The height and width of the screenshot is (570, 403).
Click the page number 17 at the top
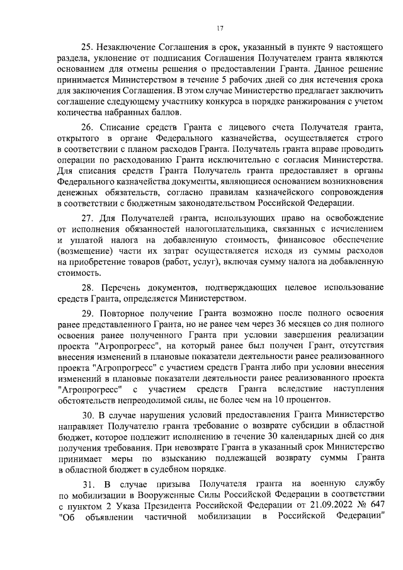coord(220,27)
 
